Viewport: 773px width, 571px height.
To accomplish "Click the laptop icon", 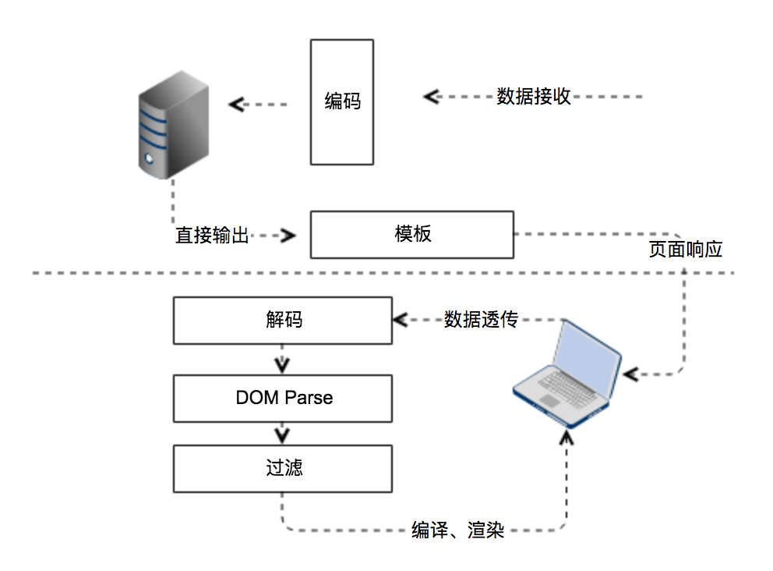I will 567,373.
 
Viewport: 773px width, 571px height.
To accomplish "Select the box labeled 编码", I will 342,101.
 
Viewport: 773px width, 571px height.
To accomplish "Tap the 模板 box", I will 411,234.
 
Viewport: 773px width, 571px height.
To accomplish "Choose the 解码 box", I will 282,320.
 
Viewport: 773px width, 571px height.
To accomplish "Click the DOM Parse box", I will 282,398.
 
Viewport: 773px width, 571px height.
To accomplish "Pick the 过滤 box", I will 282,468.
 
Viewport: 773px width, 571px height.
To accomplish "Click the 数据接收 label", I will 534,97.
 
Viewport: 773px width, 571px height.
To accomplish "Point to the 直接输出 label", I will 212,235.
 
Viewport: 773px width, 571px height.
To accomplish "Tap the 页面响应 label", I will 686,250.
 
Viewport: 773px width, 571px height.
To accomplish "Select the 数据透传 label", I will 481,320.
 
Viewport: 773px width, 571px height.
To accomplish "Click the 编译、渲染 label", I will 458,530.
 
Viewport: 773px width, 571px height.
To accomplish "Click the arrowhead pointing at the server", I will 236,104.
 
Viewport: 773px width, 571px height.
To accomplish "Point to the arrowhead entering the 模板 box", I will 291,235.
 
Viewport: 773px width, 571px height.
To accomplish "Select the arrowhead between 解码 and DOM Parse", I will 282,364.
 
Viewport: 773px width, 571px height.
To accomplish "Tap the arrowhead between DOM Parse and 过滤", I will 282,433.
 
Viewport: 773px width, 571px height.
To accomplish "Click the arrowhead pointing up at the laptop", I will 567,437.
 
